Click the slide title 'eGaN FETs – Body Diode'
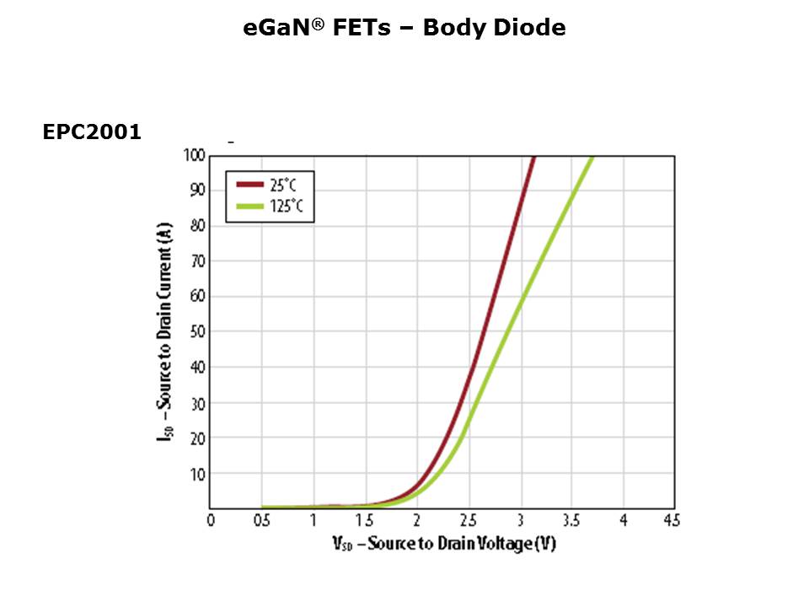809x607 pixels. pos(404,28)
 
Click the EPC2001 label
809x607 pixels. pos(92,132)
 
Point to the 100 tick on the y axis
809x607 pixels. pos(194,155)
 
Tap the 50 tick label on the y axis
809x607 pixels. pos(196,331)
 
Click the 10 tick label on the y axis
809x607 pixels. pos(196,474)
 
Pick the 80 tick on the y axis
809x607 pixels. pos(196,225)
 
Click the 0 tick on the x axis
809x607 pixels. pos(211,521)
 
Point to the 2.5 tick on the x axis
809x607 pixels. pos(468,521)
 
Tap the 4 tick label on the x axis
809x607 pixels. pos(623,521)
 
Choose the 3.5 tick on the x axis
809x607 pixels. pos(571,521)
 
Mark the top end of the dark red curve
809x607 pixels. pos(533,158)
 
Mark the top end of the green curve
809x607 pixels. pos(592,158)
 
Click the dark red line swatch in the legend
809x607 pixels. pos(250,184)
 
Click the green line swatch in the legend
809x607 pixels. pos(250,206)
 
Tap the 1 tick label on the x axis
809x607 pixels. pos(313,521)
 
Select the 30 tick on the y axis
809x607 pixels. pos(196,403)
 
